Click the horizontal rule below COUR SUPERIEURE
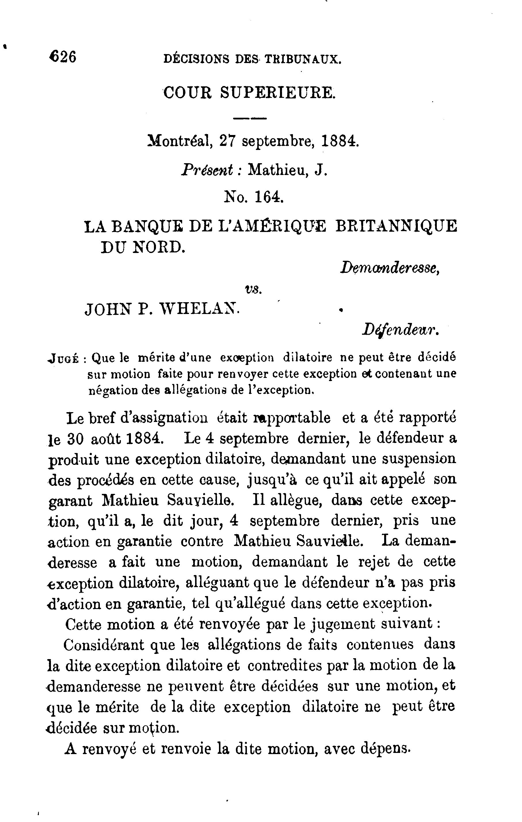pos(249,119)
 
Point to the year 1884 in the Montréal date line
pos(340,141)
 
